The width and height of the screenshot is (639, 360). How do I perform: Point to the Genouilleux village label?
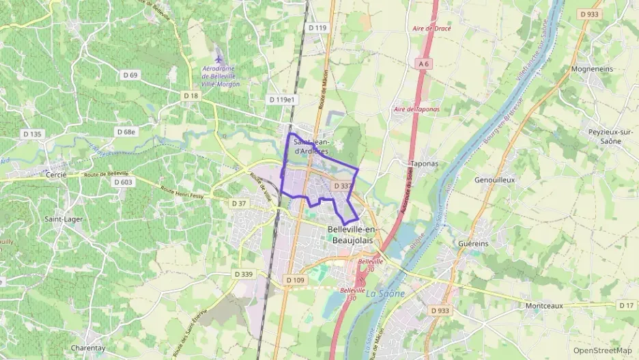(494, 180)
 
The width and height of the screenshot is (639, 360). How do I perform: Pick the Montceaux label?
(544, 305)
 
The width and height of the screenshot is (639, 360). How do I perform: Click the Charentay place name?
(88, 348)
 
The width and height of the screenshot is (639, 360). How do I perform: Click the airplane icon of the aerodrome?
(218, 53)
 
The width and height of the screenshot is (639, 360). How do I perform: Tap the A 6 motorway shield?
(425, 64)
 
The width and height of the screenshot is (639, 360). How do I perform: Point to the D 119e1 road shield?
(282, 100)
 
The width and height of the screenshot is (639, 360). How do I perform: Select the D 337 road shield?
(343, 186)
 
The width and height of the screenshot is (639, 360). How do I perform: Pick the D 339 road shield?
(243, 274)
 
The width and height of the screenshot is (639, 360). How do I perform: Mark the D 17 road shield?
(626, 305)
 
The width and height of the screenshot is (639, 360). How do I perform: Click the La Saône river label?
(385, 294)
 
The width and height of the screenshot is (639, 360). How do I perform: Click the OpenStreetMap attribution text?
(602, 350)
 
